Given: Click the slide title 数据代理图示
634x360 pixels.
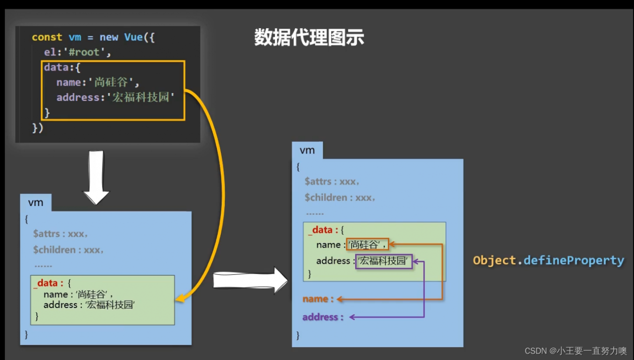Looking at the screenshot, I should (x=309, y=38).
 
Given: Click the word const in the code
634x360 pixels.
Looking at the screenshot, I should (x=47, y=37).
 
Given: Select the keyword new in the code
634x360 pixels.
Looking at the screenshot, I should (x=109, y=37).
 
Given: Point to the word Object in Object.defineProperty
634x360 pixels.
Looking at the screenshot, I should (x=495, y=260).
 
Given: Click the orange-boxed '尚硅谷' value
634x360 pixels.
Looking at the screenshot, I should (x=367, y=244).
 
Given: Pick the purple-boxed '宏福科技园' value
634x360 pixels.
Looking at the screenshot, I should (x=384, y=261).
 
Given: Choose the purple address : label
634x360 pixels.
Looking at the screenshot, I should (x=323, y=317).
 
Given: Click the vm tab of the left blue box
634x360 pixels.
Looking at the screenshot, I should (x=36, y=203).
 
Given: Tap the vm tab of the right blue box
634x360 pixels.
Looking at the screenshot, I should (x=307, y=151).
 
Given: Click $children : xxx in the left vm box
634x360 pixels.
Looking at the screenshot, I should (x=68, y=250).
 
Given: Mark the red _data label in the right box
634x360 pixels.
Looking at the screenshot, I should (x=320, y=230).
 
